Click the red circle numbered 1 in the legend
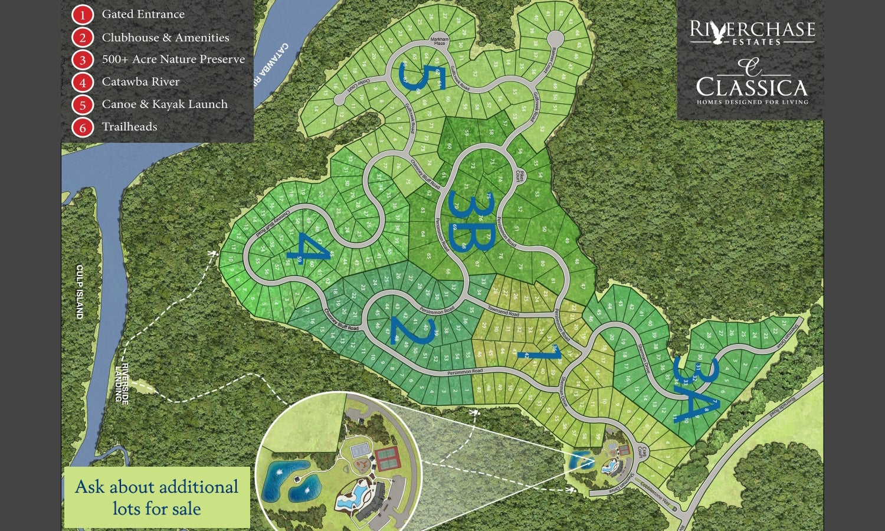tap(83, 15)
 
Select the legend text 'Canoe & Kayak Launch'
tap(165, 104)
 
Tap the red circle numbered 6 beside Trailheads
tap(83, 127)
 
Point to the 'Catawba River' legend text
tap(140, 82)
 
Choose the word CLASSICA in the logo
tap(752, 88)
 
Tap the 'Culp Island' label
tap(80, 291)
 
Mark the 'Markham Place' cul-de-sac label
tap(440, 41)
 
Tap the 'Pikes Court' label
tap(519, 175)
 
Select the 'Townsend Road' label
tap(503, 311)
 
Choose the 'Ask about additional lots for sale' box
tap(157, 497)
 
